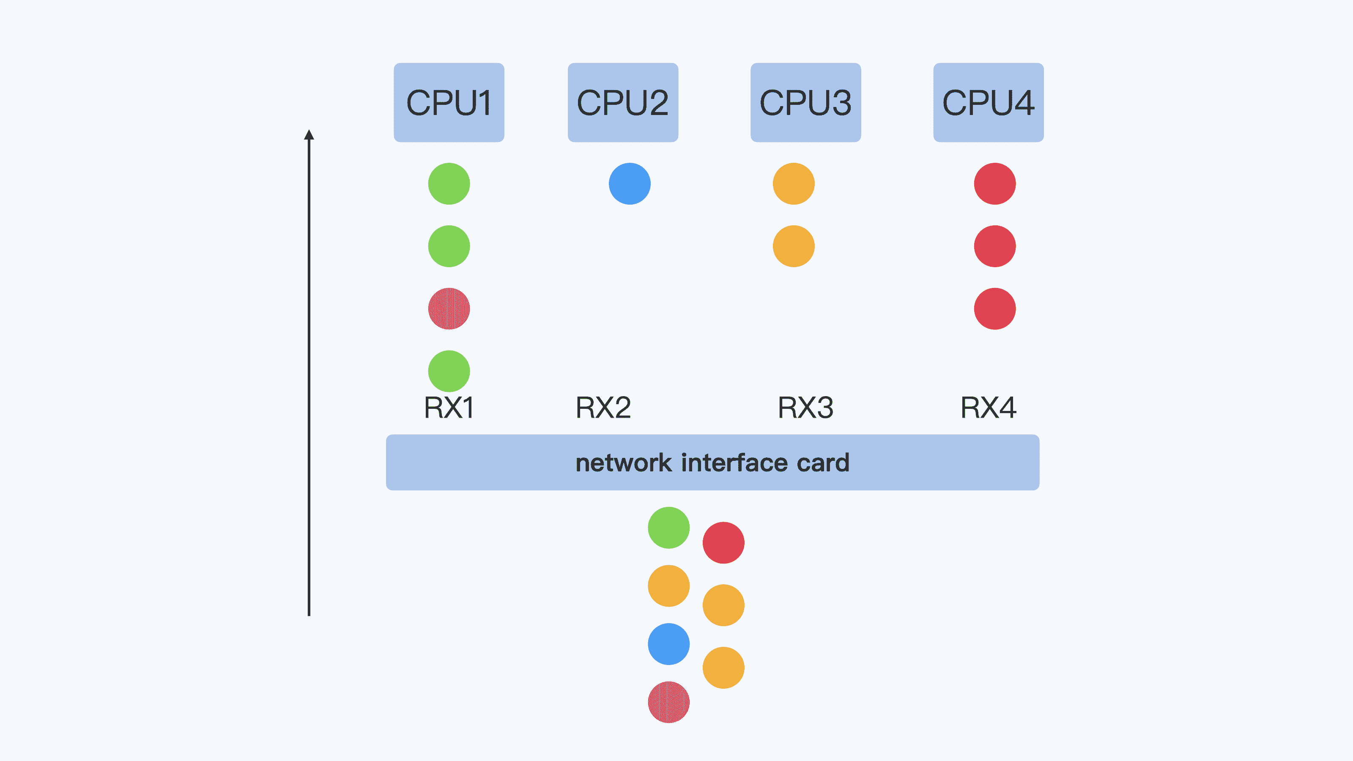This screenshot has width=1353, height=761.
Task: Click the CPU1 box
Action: click(449, 102)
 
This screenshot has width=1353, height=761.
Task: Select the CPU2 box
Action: click(622, 102)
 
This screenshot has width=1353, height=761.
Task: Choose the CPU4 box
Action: click(988, 102)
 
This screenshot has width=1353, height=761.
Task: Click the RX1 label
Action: click(449, 408)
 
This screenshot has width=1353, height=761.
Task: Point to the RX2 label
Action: click(603, 408)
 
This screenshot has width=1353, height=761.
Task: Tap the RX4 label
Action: click(988, 408)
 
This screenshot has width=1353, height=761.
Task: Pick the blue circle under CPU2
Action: click(629, 184)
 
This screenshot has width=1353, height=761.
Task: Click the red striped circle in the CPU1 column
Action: click(449, 309)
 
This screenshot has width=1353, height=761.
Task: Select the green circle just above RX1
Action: click(449, 371)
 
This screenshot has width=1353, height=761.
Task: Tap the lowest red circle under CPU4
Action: click(994, 309)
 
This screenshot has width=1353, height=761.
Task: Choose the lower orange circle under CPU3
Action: click(793, 246)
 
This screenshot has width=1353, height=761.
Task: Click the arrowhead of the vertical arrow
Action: click(309, 135)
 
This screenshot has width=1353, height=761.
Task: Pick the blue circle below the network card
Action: click(668, 644)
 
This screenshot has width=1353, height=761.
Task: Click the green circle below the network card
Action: click(668, 527)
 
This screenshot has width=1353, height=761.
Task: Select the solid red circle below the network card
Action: click(723, 542)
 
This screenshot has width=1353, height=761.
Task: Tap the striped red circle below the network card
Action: click(668, 702)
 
